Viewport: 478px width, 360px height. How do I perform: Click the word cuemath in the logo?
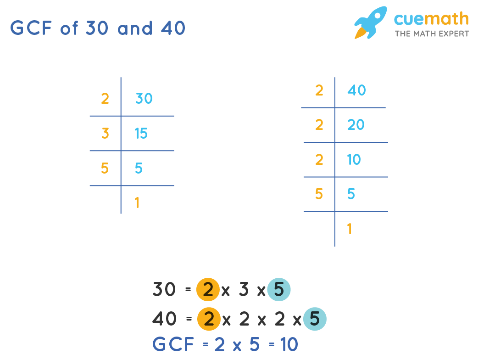431,19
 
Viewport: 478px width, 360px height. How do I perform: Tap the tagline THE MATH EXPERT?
432,34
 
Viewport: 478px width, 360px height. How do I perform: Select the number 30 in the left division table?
144,98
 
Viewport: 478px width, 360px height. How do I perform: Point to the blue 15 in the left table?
141,134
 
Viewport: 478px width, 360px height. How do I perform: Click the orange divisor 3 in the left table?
105,134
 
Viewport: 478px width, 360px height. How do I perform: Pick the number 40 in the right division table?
356,90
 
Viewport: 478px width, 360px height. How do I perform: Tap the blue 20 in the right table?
356,124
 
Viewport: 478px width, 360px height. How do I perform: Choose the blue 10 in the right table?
354,160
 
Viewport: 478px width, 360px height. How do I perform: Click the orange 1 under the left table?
137,203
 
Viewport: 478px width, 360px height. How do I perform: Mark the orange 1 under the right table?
350,229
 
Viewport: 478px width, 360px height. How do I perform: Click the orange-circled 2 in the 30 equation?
208,290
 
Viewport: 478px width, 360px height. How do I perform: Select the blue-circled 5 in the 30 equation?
279,290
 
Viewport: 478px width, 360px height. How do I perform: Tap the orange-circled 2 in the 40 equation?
209,319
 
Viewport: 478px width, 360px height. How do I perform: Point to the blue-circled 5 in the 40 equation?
315,319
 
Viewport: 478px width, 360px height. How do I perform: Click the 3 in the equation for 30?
244,290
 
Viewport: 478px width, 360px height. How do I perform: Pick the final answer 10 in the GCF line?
289,344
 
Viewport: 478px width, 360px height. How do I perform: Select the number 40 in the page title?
173,28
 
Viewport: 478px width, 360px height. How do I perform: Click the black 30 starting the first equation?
164,290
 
